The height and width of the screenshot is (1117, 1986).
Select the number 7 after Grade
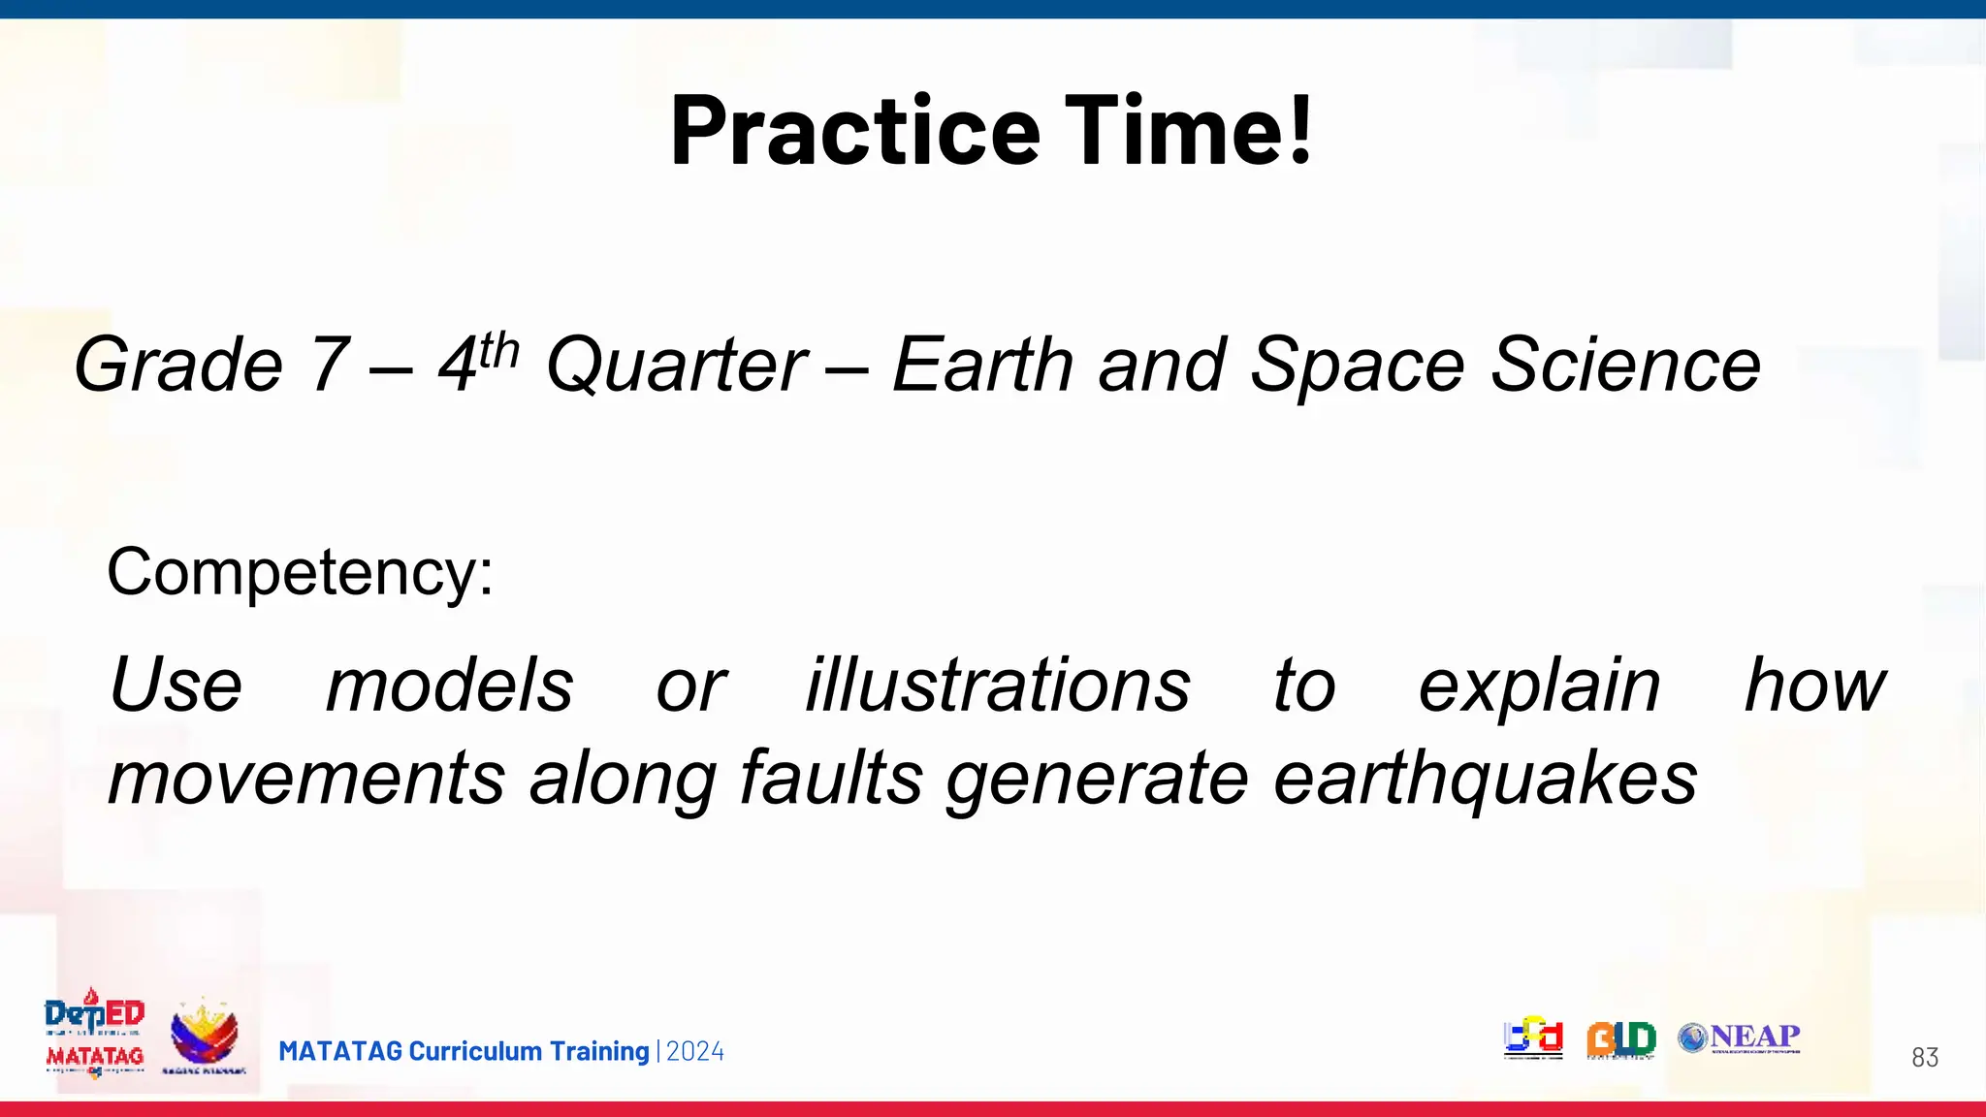coord(328,366)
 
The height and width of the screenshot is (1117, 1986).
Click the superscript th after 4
coord(499,350)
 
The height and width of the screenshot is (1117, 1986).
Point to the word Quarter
coord(676,366)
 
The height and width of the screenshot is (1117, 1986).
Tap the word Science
coord(1625,366)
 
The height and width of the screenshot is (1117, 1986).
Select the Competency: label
coord(300,572)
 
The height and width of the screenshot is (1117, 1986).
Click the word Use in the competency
coord(176,686)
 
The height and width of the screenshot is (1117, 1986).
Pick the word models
coord(449,686)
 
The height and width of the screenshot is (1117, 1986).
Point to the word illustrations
coord(998,686)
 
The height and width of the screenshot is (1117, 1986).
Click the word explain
coord(1539,686)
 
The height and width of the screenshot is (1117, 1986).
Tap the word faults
coord(831,779)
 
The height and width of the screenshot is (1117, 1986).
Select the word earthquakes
coord(1485,779)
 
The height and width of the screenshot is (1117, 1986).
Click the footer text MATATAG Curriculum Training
coord(464,1051)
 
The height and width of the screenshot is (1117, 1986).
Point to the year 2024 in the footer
coord(695,1051)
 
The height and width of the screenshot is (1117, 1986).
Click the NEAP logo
coord(1739,1037)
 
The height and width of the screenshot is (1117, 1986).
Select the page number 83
coord(1924,1058)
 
